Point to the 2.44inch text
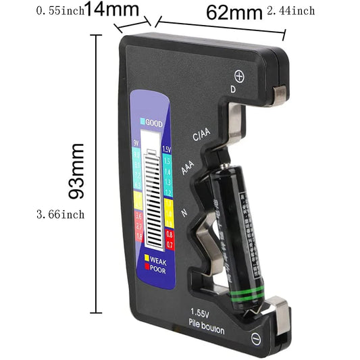tap(290, 11)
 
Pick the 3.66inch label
tap(59, 214)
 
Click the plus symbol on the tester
tap(238, 76)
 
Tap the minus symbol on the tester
tap(256, 338)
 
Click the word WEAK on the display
tap(159, 260)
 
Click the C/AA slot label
tap(203, 134)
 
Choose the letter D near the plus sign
tap(233, 88)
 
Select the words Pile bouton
tap(207, 328)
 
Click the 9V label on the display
tap(136, 143)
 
